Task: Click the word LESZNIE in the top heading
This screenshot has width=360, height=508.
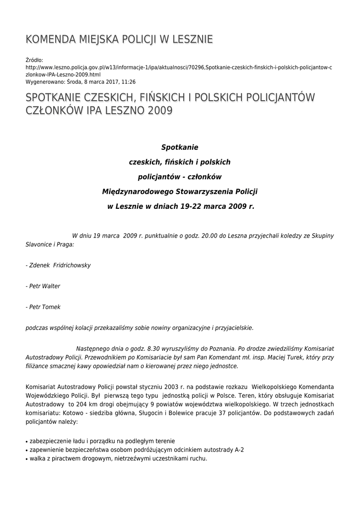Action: point(192,39)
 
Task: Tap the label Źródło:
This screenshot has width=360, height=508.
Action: point(34,60)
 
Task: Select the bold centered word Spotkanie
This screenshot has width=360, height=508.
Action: point(180,147)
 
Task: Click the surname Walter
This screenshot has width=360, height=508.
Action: point(51,286)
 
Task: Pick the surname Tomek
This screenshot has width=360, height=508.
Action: point(52,307)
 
